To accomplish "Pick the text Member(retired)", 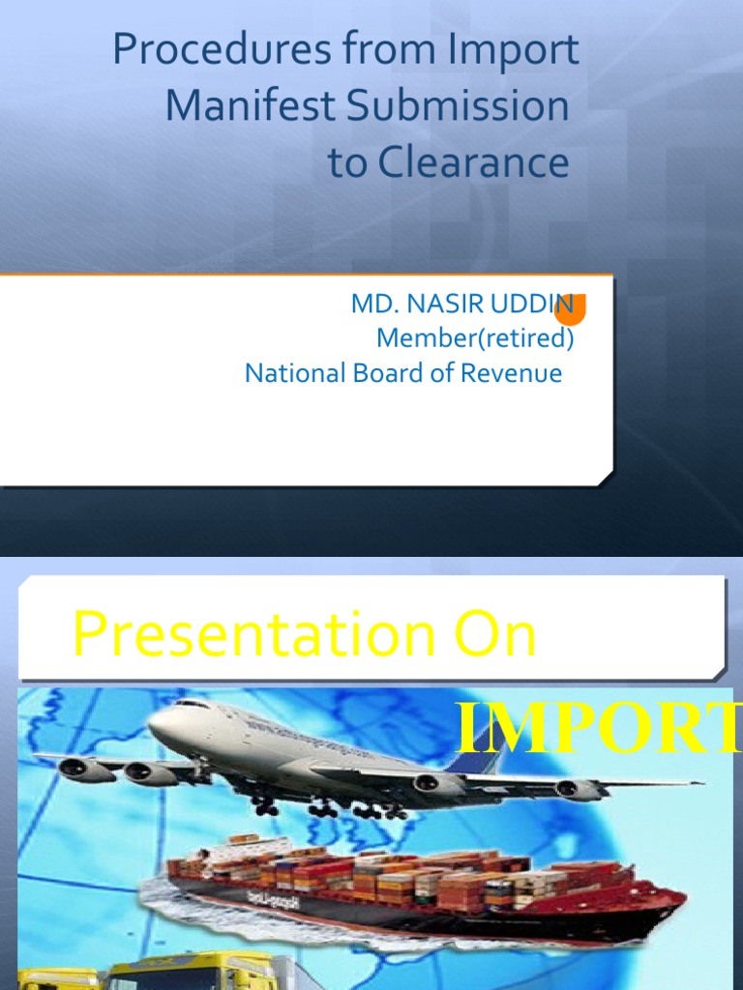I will tap(475, 339).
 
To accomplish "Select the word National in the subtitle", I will tap(291, 373).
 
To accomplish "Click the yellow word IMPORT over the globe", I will tap(598, 729).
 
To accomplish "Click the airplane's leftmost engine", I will tap(81, 771).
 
